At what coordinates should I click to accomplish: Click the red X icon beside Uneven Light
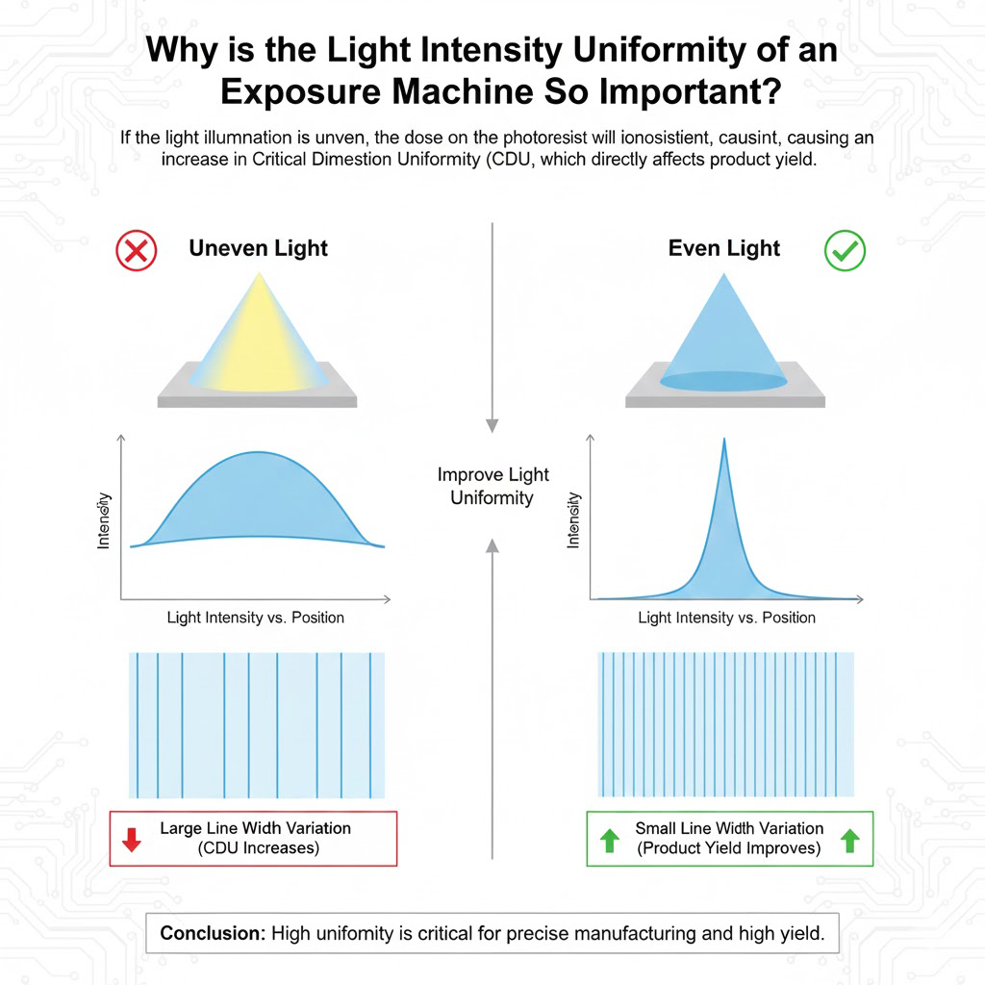click(137, 251)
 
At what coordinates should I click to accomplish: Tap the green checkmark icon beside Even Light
click(845, 251)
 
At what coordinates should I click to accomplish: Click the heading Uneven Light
click(258, 249)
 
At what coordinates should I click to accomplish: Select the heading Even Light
click(723, 249)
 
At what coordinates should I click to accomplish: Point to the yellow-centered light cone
click(258, 340)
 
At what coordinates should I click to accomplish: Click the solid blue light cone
click(723, 340)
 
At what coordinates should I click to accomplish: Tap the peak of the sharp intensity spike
click(724, 439)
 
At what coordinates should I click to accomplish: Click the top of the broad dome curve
click(258, 452)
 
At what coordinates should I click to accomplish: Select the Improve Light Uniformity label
click(492, 486)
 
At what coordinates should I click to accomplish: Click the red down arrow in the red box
click(131, 840)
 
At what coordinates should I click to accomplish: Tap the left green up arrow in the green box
click(609, 841)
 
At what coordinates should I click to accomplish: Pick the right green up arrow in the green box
click(850, 841)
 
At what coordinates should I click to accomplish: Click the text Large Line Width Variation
click(255, 828)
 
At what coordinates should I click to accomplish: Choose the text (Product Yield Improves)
click(729, 848)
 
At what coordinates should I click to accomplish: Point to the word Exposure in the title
click(300, 91)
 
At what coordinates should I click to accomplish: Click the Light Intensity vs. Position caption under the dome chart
click(256, 618)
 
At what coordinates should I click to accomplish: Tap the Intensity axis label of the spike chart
click(573, 520)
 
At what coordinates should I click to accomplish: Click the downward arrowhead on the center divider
click(492, 425)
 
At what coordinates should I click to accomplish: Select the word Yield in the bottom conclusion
click(797, 933)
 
